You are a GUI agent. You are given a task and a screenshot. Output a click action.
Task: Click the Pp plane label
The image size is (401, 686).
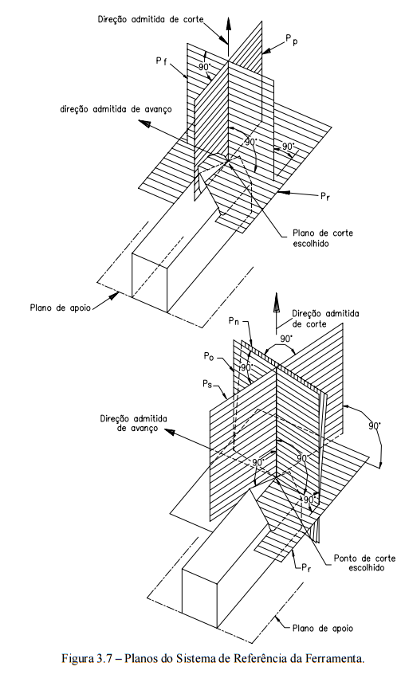point(291,41)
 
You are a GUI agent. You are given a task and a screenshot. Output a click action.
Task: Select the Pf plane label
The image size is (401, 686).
point(162,61)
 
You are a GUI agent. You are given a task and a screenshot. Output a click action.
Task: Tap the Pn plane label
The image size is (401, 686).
point(234,321)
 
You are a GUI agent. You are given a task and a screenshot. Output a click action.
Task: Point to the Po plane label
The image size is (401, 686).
point(209,356)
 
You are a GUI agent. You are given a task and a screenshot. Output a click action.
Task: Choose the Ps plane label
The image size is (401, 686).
point(208,384)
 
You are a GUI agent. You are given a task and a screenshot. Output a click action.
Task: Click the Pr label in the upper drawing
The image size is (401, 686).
point(324,195)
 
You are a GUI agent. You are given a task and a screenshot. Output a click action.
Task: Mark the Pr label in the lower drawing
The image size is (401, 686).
point(306,568)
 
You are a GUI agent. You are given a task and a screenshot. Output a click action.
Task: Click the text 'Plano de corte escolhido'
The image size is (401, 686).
point(317,238)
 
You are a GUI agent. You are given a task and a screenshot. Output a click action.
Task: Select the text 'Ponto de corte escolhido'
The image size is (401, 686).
point(364,563)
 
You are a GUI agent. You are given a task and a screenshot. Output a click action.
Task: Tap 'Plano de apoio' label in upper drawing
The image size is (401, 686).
point(61,307)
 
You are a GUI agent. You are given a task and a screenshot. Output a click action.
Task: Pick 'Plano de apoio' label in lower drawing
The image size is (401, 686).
point(323,629)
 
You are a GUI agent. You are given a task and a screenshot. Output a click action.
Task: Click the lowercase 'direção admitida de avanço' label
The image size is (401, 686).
point(116,109)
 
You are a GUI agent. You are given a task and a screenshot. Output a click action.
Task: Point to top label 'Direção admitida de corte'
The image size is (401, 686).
point(151,19)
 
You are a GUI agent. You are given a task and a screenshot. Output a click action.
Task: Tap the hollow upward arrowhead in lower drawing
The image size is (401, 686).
point(276,303)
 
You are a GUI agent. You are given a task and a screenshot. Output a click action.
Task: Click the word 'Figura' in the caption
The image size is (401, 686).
point(78,658)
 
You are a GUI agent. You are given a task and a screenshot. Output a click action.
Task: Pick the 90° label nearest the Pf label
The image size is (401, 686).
point(204,67)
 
